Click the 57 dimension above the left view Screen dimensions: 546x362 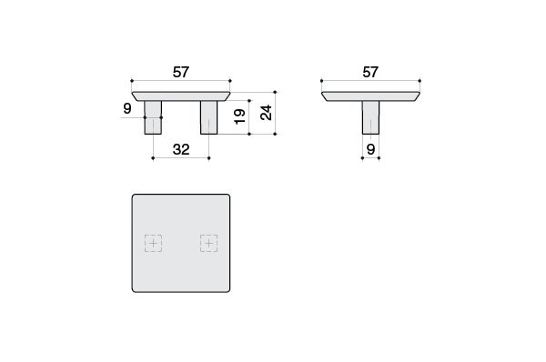pos(181,72)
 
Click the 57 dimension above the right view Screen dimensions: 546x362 pos(370,72)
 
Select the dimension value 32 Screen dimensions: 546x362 pos(181,149)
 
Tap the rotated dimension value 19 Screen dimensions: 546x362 pos(239,116)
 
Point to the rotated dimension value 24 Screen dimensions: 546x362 pos(267,113)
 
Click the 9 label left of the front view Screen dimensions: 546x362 pos(127,108)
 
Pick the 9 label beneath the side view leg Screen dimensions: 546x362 pos(371,149)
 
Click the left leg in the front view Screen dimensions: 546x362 pos(153,117)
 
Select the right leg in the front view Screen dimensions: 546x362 pos(209,117)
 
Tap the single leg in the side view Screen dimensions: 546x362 pos(371,117)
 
